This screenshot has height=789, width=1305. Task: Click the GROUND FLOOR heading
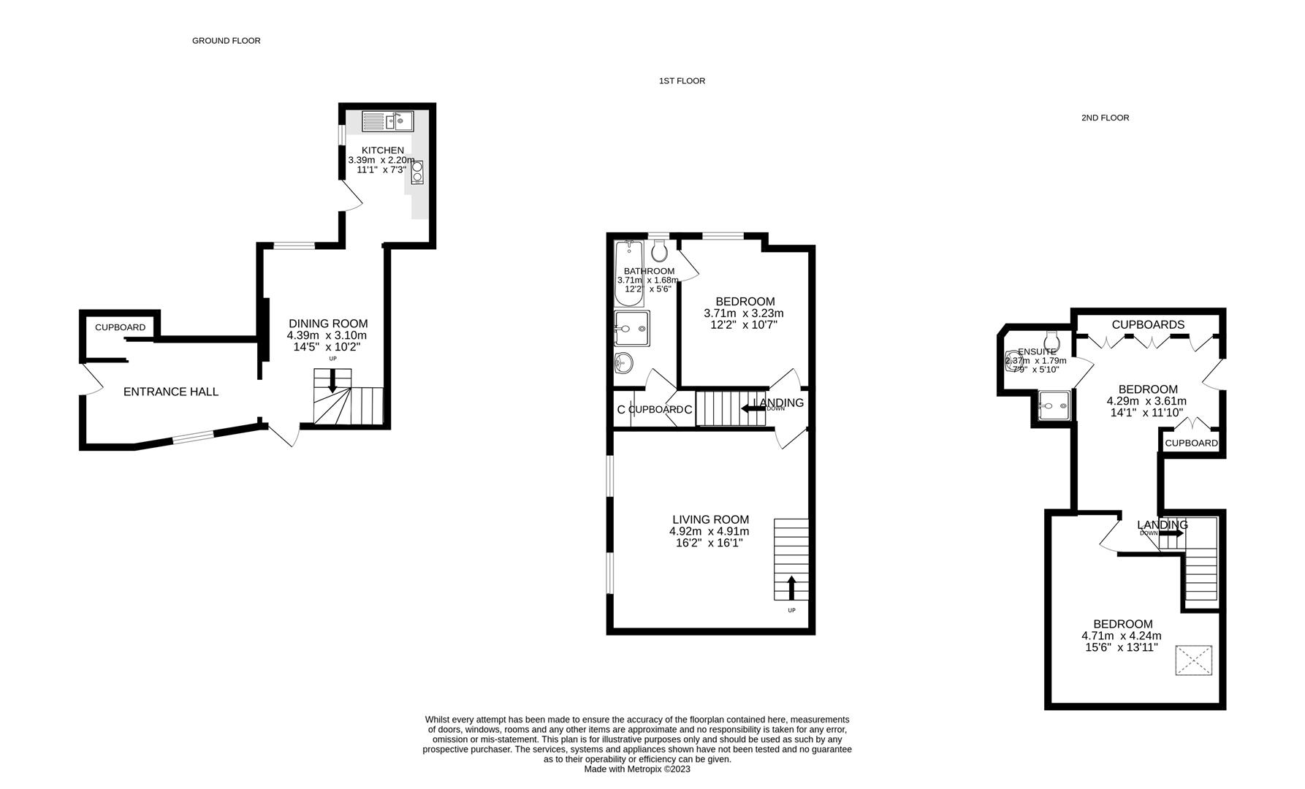click(226, 41)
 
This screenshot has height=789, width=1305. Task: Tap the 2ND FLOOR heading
click(1105, 118)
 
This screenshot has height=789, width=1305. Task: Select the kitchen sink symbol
click(388, 121)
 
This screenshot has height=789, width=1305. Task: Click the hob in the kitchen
click(417, 171)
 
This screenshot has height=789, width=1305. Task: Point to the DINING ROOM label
click(328, 324)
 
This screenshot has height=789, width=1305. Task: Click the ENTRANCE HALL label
click(171, 392)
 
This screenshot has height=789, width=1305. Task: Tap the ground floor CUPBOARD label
click(120, 327)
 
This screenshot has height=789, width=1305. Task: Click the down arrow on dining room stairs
click(333, 381)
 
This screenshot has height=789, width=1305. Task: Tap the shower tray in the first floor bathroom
click(631, 328)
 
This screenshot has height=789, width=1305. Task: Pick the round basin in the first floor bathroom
click(623, 362)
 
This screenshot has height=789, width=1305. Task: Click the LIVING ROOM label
click(710, 520)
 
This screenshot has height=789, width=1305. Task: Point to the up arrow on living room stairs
click(791, 587)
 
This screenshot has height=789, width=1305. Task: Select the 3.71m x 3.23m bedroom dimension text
click(744, 313)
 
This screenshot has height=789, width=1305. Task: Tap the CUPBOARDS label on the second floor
click(1148, 324)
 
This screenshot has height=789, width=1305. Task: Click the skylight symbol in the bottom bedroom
click(1193, 660)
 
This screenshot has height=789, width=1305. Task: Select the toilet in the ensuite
click(1053, 340)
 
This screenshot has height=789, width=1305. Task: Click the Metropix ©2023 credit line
click(637, 769)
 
